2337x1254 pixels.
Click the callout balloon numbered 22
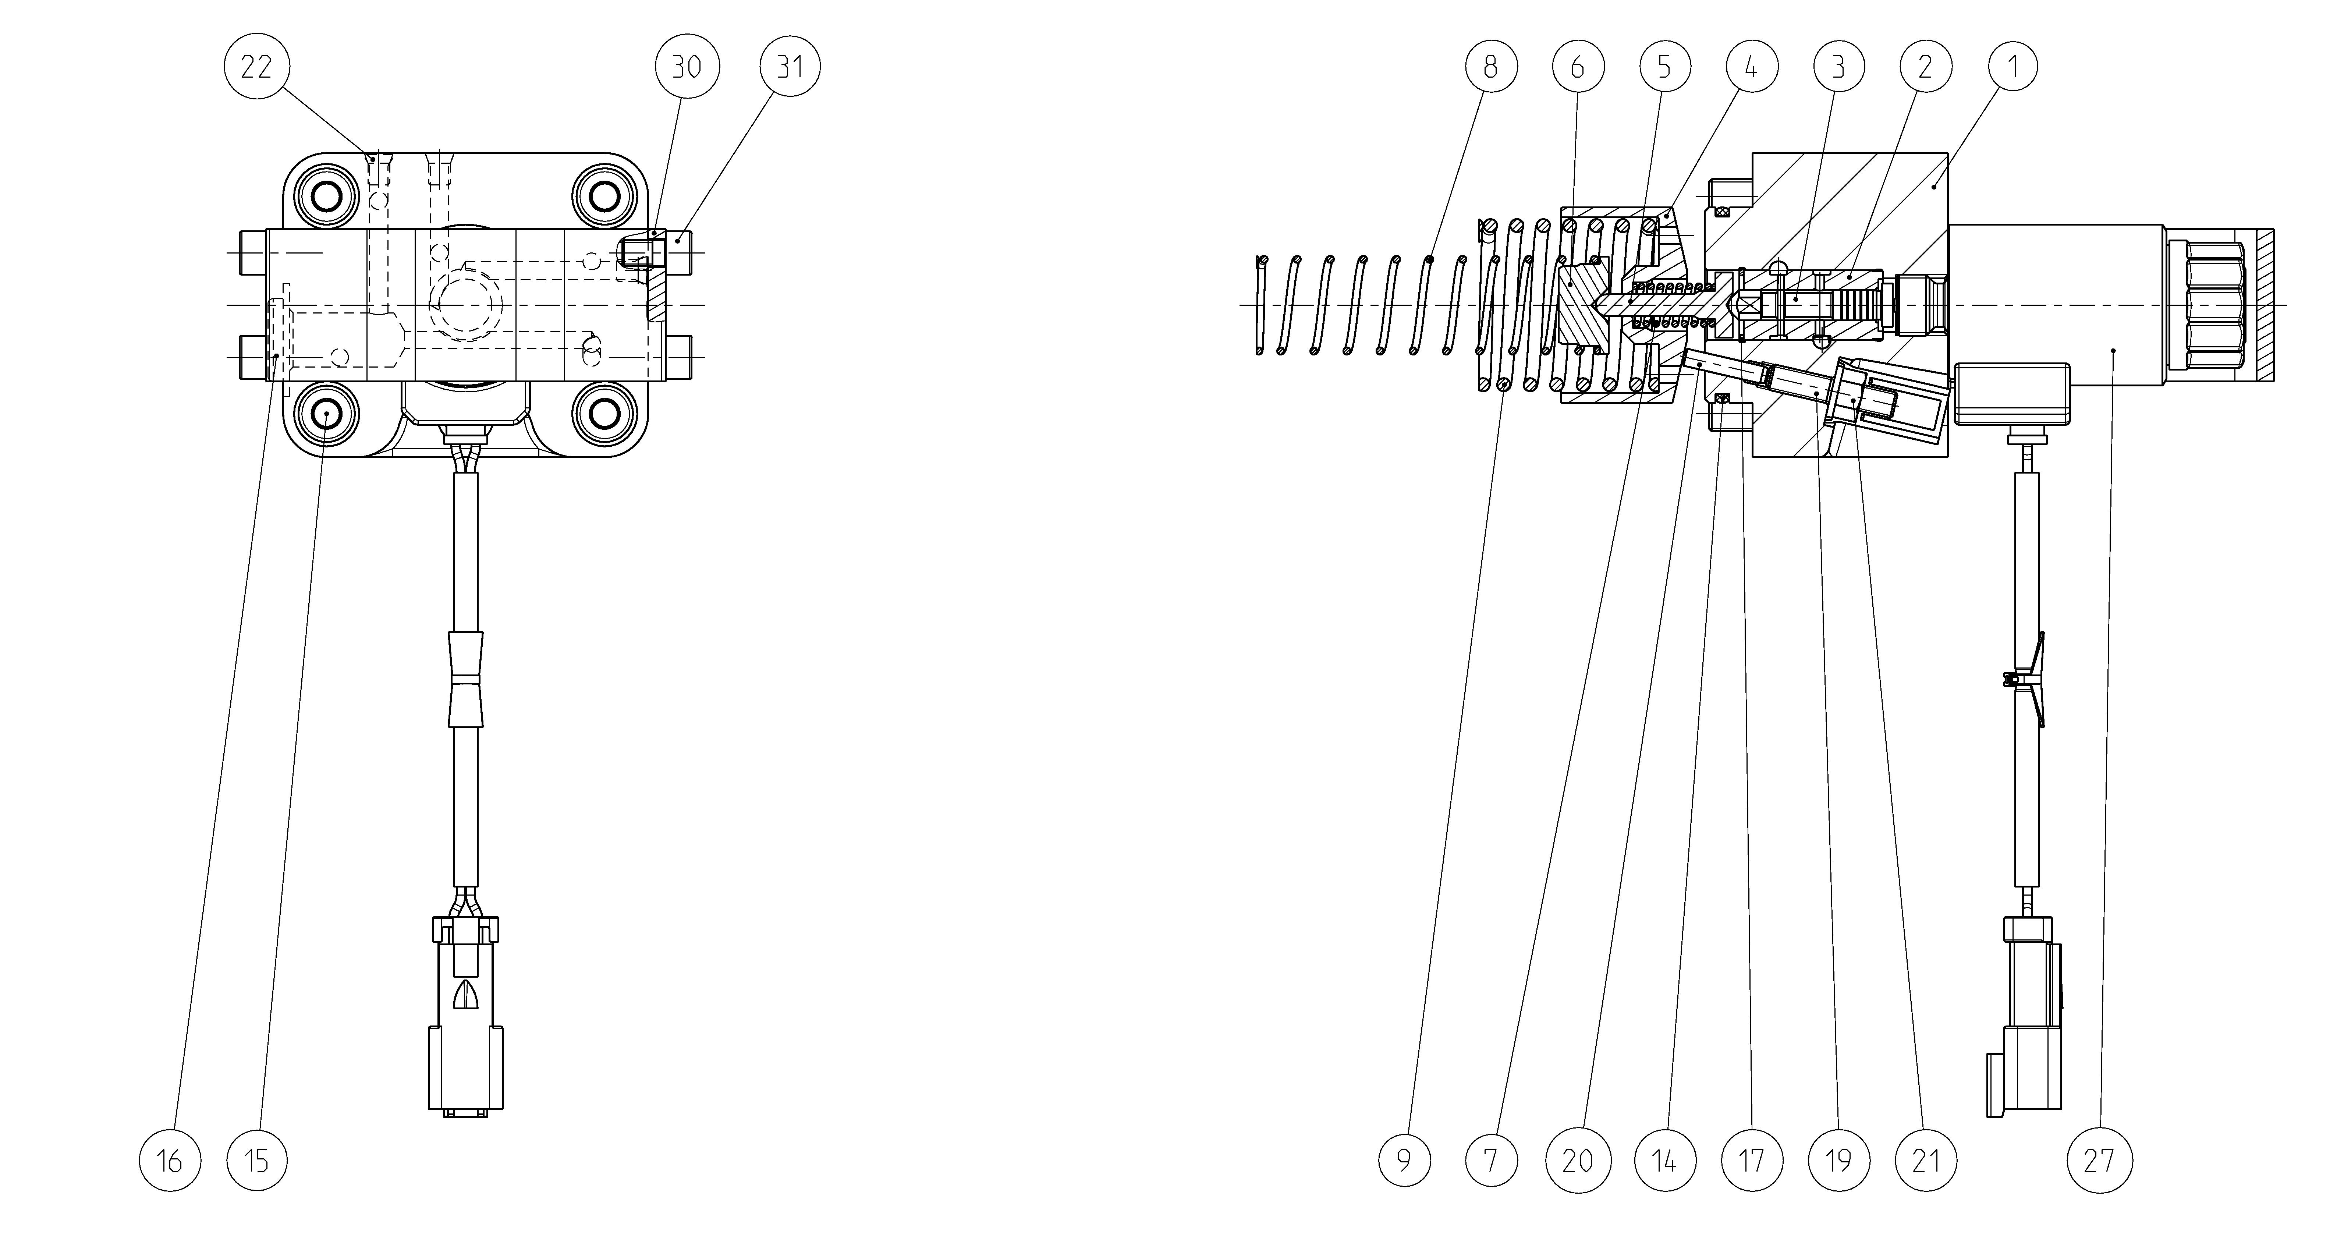tap(256, 66)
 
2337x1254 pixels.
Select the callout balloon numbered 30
tap(687, 66)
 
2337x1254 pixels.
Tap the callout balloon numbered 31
tap(790, 66)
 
